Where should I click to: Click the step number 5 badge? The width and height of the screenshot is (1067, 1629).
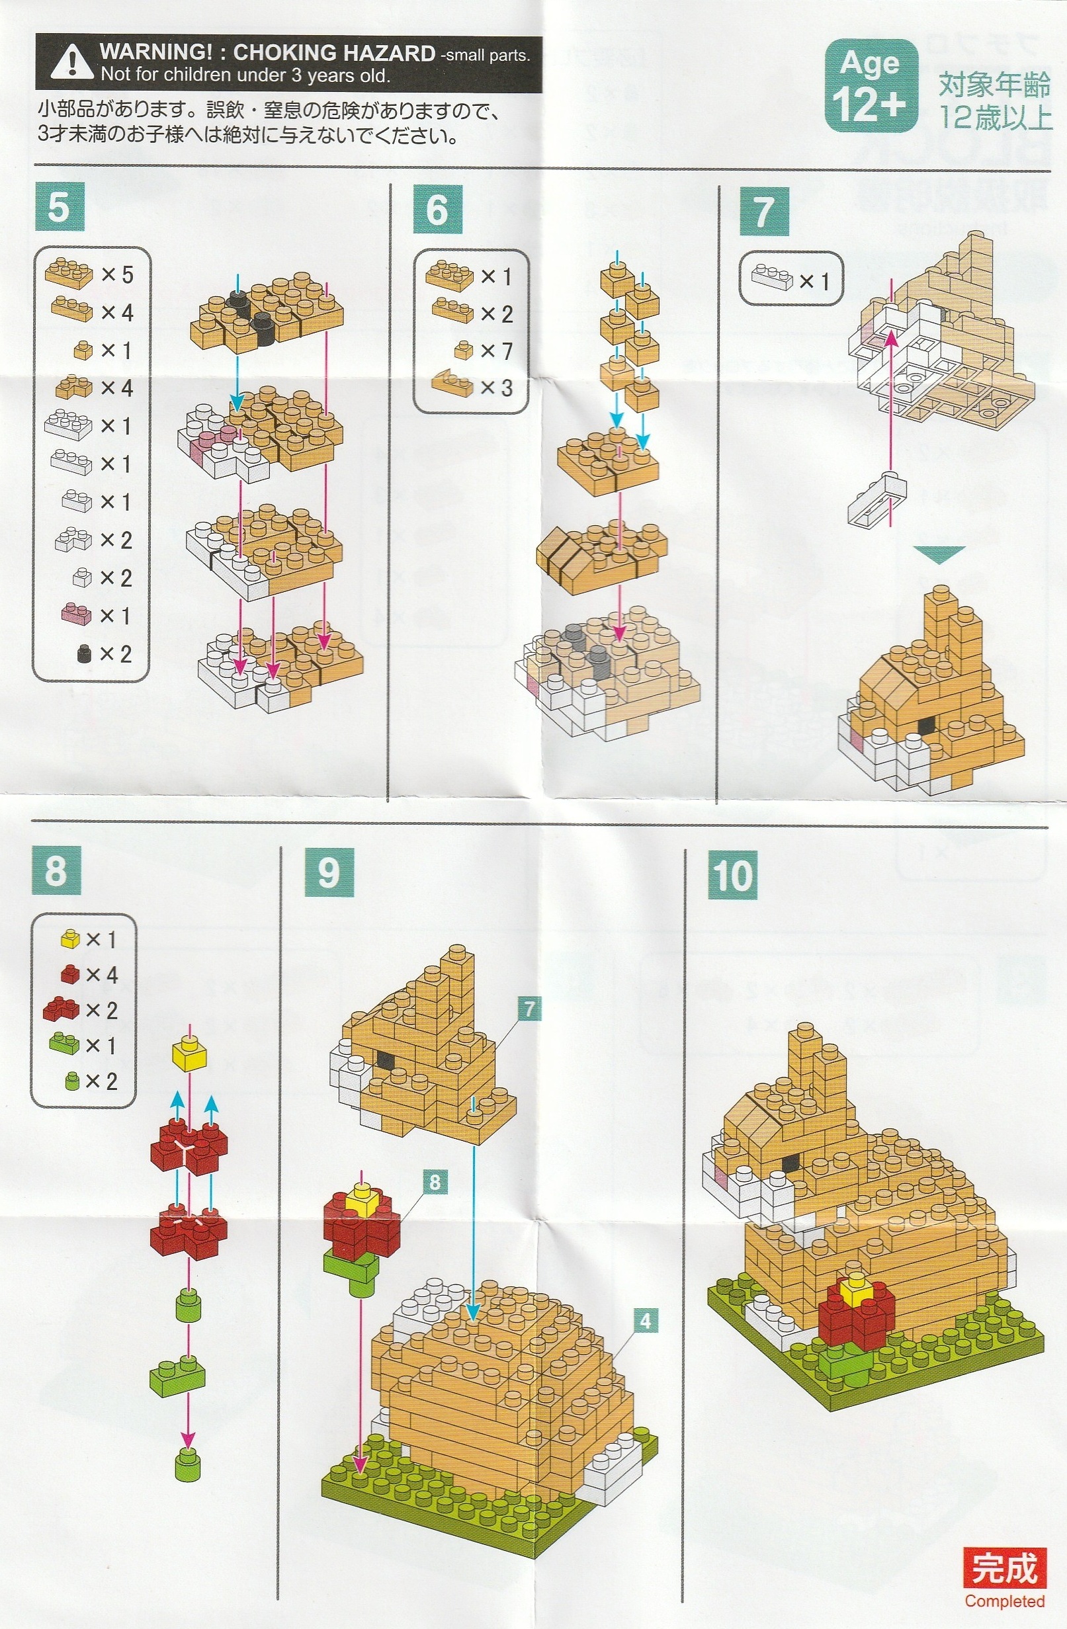[59, 208]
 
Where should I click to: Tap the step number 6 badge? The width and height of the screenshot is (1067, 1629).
[438, 210]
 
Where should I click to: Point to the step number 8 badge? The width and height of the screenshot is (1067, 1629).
[56, 870]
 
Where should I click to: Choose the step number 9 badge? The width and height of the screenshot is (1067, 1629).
[330, 872]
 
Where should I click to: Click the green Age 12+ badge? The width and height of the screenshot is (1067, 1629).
[871, 85]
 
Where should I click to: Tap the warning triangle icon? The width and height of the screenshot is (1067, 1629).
[71, 62]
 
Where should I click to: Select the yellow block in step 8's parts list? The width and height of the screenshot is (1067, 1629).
[71, 939]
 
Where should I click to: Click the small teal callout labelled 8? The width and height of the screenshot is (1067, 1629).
[436, 1181]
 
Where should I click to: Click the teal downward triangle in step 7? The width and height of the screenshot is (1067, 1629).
[939, 554]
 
